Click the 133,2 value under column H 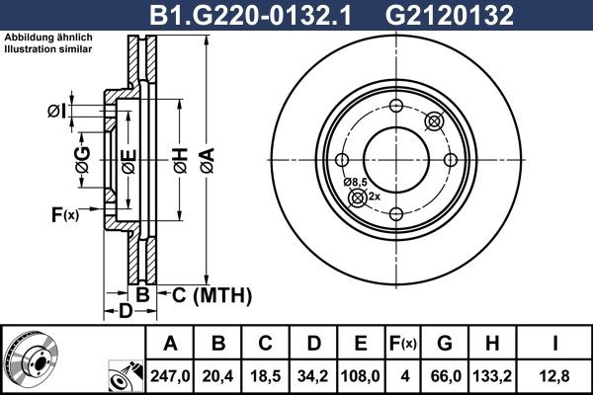coord(499,373)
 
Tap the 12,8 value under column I coord(557,373)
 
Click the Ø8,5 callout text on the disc coord(355,183)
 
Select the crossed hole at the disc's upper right coord(432,121)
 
